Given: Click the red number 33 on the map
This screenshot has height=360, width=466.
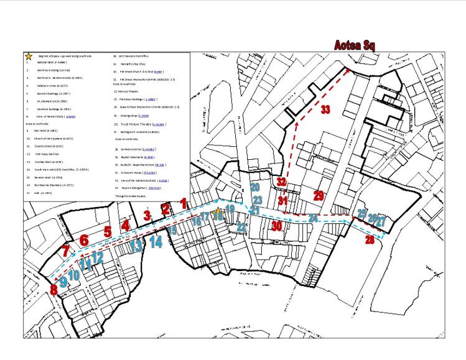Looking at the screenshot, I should point(325,109).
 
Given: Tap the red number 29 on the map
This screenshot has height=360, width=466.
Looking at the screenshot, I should point(319,196).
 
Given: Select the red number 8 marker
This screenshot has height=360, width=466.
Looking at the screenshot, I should point(54,290).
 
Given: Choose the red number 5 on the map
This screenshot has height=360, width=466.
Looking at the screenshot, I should point(108,232).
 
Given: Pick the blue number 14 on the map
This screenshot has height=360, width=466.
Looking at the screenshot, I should point(156,242).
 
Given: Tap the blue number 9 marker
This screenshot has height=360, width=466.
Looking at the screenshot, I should point(62,281).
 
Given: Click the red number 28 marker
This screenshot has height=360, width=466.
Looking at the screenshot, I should point(370,239).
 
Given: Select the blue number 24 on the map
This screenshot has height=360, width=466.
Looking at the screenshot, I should point(314,218).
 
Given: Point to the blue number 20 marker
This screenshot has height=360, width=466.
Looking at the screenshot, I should point(254,187).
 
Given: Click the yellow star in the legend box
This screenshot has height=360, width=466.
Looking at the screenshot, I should point(28,56).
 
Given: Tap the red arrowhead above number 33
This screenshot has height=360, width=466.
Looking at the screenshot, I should point(347,71).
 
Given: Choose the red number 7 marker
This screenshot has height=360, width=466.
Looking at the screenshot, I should point(66,252).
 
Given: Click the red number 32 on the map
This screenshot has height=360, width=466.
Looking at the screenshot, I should point(281,182).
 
